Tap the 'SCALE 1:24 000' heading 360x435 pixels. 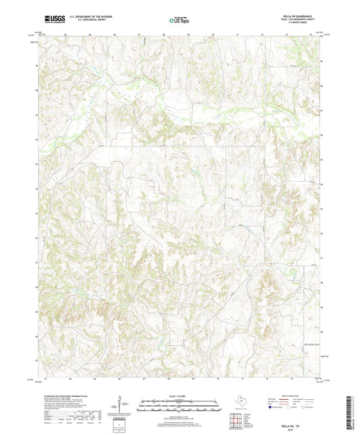tap(179, 396)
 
